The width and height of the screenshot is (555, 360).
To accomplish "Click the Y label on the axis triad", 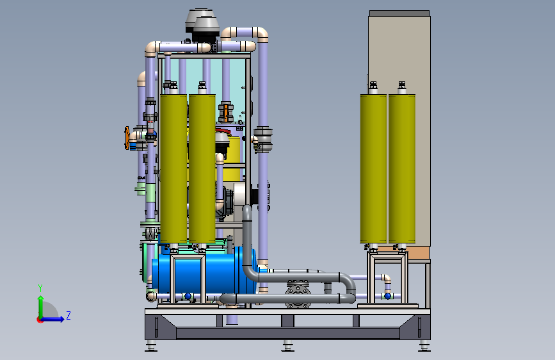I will click(40, 288).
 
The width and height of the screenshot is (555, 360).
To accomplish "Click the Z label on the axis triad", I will click(68, 316).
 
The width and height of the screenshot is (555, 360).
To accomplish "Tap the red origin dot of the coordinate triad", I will click(40, 319).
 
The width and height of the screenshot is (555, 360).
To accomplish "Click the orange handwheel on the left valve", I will click(127, 137).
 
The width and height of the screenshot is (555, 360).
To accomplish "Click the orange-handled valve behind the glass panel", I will click(227, 110).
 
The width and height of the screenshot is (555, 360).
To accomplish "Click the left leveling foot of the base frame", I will click(150, 347).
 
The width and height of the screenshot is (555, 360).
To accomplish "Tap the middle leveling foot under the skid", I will click(286, 347).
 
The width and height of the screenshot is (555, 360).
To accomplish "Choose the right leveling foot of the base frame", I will click(424, 347).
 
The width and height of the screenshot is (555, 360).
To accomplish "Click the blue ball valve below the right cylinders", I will click(387, 295).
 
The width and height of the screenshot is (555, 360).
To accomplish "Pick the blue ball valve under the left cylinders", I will click(188, 295).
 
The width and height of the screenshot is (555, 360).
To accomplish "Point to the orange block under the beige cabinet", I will click(419, 254).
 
